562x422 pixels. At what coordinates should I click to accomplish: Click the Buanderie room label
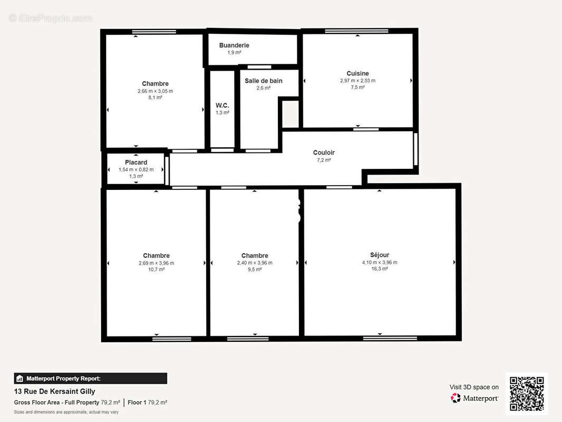click(234, 45)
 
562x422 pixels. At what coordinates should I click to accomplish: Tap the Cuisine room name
click(357, 73)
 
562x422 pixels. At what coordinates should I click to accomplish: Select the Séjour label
click(380, 255)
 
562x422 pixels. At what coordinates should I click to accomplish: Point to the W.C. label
click(222, 105)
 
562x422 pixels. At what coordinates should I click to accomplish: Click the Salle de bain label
click(264, 81)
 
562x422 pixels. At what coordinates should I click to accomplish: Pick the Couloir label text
click(324, 152)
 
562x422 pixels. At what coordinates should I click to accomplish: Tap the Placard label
click(136, 162)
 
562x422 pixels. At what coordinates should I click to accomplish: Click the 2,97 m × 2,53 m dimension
click(357, 81)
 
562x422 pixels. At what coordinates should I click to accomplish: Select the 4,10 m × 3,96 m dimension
click(380, 263)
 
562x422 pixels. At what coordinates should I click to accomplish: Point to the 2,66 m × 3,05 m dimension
click(155, 91)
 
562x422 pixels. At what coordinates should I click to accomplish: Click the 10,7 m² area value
click(156, 269)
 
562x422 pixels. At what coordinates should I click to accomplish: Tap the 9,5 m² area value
click(255, 269)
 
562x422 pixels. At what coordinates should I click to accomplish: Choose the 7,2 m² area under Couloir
click(324, 160)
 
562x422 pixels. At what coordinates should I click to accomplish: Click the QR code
click(527, 394)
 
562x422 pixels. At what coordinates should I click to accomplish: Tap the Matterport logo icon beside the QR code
click(456, 398)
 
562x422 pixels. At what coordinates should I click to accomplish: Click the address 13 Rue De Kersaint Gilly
click(54, 391)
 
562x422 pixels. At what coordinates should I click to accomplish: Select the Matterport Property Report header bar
click(90, 378)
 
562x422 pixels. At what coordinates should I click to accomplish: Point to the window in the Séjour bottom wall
click(390, 338)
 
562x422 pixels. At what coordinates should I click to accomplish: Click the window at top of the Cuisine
click(356, 31)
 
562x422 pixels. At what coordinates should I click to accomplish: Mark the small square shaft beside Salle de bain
click(290, 113)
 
